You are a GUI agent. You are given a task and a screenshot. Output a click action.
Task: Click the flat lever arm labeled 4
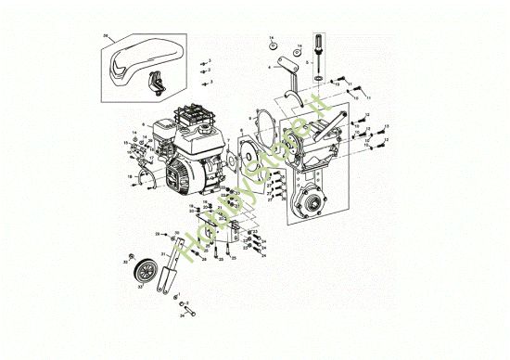click(289, 69)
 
